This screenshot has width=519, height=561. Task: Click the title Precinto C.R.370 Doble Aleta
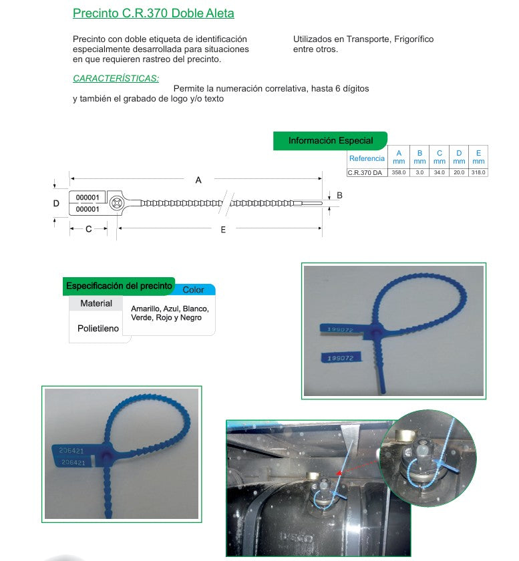(153, 13)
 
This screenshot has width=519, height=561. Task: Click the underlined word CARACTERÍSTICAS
(116, 78)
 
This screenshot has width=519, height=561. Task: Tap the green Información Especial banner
(331, 141)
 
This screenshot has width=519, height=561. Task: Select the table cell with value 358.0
(397, 172)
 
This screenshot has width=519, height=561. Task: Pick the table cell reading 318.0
(478, 172)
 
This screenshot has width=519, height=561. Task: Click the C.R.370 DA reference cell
(365, 172)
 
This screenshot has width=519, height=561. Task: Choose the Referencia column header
(367, 158)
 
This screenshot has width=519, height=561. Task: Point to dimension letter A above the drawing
(198, 180)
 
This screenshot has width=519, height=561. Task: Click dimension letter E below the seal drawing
(223, 230)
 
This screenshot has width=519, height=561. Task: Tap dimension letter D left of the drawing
(57, 203)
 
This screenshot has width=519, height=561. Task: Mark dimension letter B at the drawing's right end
(339, 195)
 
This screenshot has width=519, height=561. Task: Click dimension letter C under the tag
(88, 229)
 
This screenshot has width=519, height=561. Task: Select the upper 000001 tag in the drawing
(88, 198)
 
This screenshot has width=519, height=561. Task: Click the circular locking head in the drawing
(117, 202)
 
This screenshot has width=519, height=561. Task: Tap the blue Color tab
(194, 290)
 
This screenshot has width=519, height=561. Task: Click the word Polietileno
(98, 329)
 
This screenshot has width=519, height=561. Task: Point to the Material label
(96, 304)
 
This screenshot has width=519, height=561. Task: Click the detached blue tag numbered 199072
(340, 359)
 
